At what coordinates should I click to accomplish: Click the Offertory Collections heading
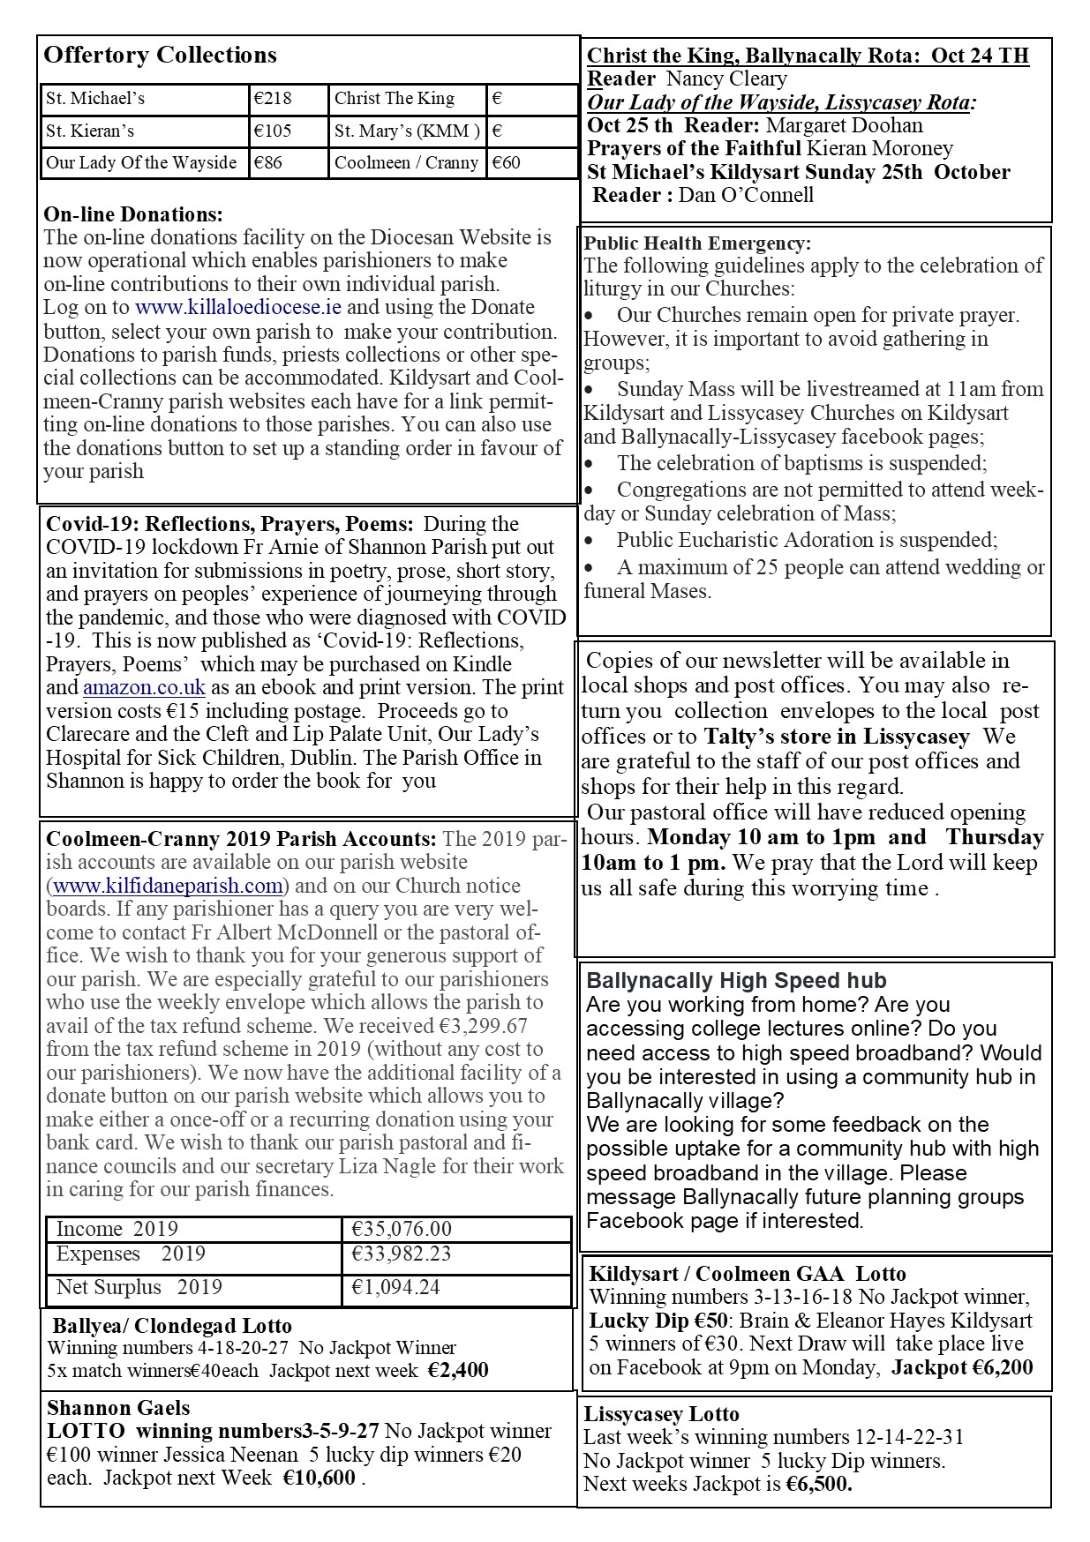[160, 56]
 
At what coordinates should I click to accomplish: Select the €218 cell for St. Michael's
[273, 99]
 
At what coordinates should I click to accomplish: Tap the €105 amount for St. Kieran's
[273, 131]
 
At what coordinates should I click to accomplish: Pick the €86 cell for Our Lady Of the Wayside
[268, 163]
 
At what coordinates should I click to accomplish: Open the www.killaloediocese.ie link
[238, 308]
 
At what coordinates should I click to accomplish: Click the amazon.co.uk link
[145, 688]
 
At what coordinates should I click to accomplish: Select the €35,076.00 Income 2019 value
[402, 1230]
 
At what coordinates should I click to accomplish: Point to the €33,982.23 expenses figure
[402, 1254]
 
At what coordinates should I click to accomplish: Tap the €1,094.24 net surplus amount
[395, 1288]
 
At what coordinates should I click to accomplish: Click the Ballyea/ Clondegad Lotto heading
[172, 1326]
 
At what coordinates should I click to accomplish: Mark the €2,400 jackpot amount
[458, 1371]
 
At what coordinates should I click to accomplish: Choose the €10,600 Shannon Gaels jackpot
[319, 1478]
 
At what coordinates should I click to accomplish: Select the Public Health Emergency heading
[697, 243]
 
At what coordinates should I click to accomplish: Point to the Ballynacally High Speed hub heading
[736, 981]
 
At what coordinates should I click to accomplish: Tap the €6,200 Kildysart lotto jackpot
[997, 1368]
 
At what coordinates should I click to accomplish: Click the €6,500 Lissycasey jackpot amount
[820, 1484]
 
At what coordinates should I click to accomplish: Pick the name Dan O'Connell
[746, 195]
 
